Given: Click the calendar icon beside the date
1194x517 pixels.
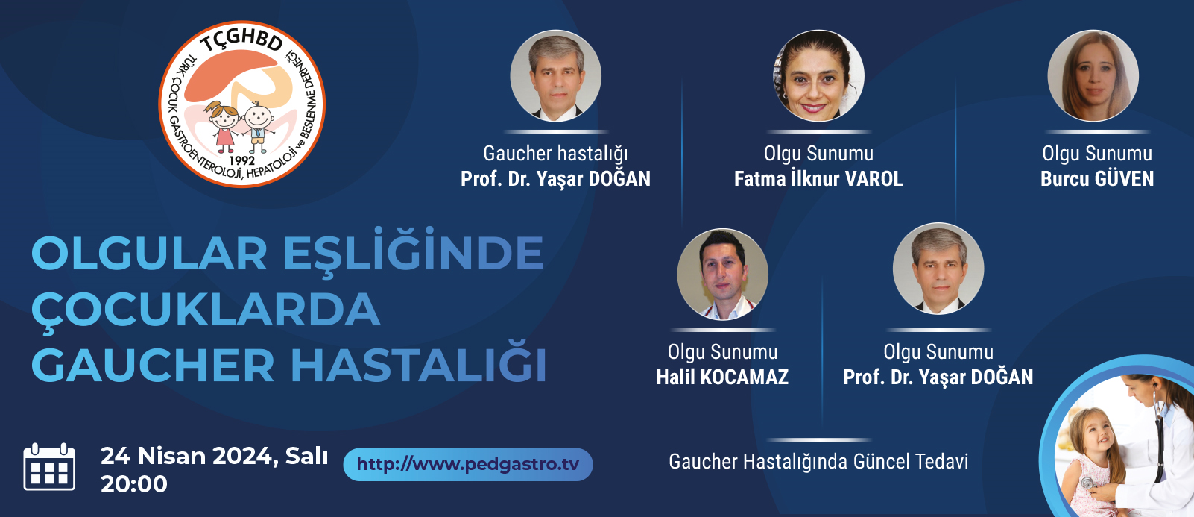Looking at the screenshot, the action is point(49,467).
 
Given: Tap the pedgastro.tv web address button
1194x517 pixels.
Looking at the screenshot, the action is point(467,464).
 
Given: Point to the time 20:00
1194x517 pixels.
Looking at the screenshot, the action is point(134,484).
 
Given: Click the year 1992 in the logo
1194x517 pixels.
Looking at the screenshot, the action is point(241,160).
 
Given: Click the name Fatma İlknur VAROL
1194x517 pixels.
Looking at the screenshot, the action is point(818,179).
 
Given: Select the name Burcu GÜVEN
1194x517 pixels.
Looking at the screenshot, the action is point(1097,179).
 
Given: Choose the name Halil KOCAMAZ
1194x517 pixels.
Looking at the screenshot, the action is point(722,377).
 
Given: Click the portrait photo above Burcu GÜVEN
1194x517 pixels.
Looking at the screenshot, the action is point(1093,76).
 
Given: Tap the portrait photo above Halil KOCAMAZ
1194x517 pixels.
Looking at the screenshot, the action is point(722,275).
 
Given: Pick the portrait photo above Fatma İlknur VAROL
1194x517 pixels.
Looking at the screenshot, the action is point(819,76).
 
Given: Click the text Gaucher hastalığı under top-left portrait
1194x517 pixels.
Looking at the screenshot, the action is point(555,154).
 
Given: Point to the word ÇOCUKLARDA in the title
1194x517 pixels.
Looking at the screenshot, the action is point(206,310).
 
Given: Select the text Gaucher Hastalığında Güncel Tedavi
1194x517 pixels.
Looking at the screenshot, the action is point(818,462).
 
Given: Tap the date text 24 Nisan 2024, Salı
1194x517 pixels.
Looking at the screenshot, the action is point(215,457).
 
